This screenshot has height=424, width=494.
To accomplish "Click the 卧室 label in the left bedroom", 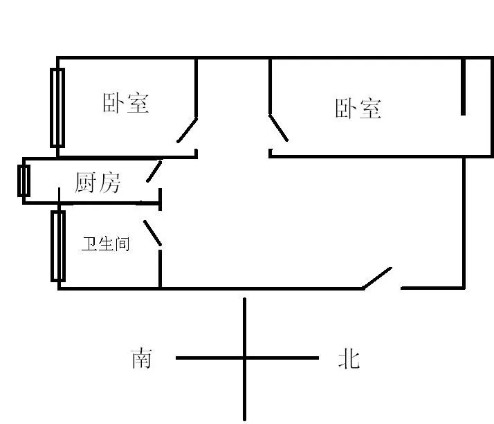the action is click(126, 103).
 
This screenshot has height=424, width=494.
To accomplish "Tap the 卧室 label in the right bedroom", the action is click(358, 109).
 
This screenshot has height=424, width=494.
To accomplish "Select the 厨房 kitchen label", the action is click(98, 183).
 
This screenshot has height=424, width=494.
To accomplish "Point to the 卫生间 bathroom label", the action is click(106, 243).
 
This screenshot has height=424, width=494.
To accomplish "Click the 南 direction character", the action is click(141, 358).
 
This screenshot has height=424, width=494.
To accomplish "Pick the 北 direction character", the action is click(349, 358).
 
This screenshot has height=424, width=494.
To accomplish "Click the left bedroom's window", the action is click(57, 108).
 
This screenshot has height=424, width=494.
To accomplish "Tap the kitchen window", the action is click(24, 181).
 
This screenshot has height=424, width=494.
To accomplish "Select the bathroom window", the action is click(58, 246).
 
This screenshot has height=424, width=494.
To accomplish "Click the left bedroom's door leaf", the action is click(187, 130).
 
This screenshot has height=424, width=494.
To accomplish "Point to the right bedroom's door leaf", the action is click(279, 128).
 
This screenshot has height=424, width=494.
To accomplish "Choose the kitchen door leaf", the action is click(154, 172).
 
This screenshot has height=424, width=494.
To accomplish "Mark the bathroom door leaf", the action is click(152, 233).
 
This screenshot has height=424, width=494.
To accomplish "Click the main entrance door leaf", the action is click(377, 278).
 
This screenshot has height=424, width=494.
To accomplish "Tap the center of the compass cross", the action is click(244, 358).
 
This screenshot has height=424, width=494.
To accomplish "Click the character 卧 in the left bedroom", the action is click(113, 103).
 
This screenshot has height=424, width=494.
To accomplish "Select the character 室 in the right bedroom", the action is click(371, 109).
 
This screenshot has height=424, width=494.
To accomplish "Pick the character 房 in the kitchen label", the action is click(109, 183).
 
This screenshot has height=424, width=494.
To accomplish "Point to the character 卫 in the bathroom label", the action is click(89, 243).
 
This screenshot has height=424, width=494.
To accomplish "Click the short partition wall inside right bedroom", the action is click(463, 86).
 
